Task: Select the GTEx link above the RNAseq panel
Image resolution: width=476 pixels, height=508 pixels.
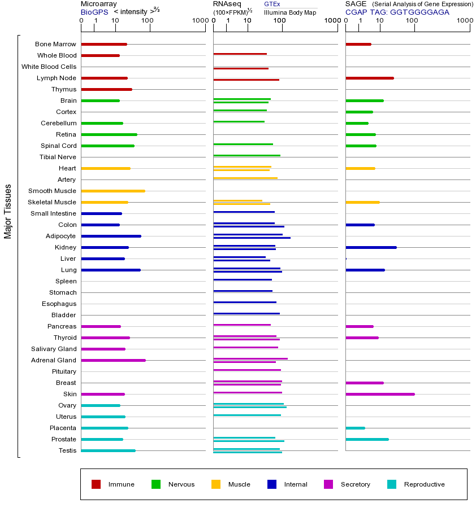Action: (x=272, y=4)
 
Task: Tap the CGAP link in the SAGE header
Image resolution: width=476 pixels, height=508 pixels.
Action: (x=356, y=12)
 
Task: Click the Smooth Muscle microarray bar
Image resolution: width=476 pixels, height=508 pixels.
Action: (x=113, y=191)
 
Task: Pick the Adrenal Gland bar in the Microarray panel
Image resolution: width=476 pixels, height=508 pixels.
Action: (x=113, y=360)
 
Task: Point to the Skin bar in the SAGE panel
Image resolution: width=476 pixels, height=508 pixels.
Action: (x=380, y=394)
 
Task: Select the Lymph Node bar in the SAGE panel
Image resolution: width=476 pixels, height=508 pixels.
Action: (x=369, y=78)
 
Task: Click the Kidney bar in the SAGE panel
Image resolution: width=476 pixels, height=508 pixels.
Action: (x=371, y=247)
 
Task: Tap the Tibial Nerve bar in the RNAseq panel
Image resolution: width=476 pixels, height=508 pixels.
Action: (x=246, y=155)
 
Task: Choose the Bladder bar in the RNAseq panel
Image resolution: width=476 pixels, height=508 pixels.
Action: (x=246, y=313)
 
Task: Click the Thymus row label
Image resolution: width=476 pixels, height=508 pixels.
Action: (x=63, y=89)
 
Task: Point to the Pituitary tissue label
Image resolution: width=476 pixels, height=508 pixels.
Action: (x=63, y=371)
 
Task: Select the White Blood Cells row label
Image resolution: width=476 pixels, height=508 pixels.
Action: (x=49, y=67)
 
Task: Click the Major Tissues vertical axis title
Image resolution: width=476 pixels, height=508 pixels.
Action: (x=8, y=211)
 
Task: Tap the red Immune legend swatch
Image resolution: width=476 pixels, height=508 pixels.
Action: (x=96, y=484)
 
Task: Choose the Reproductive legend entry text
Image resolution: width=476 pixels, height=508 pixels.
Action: (x=424, y=484)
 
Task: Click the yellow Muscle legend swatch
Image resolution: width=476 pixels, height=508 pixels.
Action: (x=216, y=484)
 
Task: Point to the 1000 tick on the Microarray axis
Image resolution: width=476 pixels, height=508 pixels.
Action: (x=199, y=21)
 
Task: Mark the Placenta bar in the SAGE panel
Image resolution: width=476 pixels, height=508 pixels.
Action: (x=355, y=428)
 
